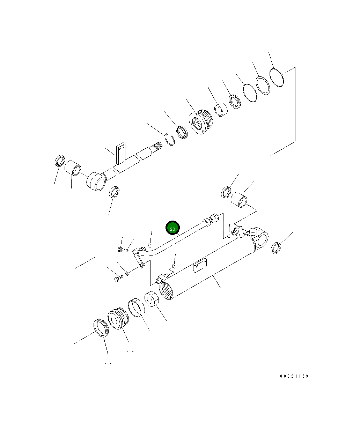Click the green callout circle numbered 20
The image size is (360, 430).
click(172, 228)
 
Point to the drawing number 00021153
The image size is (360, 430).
click(294, 376)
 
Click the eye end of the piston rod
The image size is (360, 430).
click(96, 181)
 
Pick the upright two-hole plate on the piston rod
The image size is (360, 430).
click(121, 153)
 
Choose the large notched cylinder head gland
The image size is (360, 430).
click(201, 122)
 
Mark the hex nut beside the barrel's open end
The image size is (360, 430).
click(152, 299)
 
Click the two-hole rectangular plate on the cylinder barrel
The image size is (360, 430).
click(200, 265)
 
